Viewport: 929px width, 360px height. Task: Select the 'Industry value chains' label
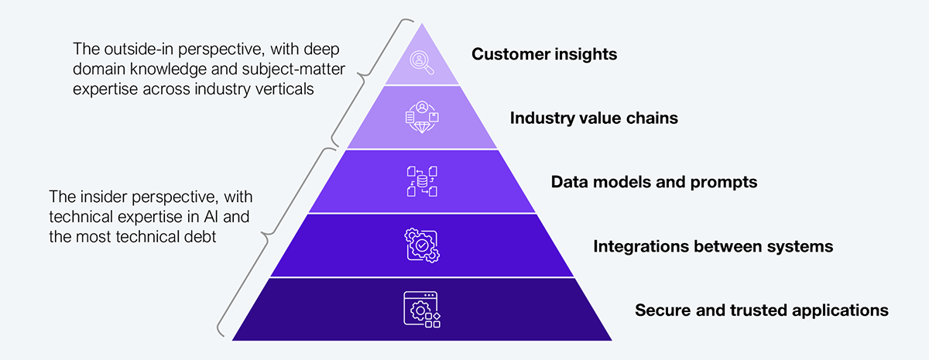tap(594, 118)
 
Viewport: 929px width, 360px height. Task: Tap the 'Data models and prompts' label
tap(653, 183)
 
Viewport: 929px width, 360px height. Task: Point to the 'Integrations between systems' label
tap(713, 246)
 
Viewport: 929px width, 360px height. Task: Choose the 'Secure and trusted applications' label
tap(762, 310)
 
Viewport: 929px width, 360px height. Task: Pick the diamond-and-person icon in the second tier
tap(422, 118)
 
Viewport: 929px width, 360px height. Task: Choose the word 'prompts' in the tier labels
tap(728, 183)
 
